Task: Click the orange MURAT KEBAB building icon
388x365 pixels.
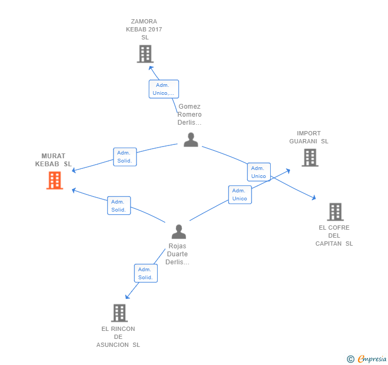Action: [x=55, y=181]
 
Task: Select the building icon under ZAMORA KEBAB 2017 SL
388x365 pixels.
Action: [x=145, y=54]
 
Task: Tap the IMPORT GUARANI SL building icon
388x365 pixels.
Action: [x=310, y=158]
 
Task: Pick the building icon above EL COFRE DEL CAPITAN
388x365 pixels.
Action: [x=335, y=212]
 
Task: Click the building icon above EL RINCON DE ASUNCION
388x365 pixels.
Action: [x=119, y=313]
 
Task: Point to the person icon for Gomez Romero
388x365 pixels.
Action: [x=191, y=140]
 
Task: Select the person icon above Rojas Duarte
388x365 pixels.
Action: [x=179, y=232]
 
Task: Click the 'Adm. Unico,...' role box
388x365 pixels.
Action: [x=164, y=89]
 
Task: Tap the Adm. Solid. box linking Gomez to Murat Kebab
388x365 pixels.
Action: [x=125, y=157]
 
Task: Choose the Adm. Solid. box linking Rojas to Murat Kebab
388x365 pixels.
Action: [x=119, y=206]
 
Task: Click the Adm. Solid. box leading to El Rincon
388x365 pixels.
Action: [x=146, y=273]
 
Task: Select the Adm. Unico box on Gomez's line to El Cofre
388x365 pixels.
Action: [x=259, y=172]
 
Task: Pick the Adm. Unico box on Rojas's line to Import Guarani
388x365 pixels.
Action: [x=240, y=194]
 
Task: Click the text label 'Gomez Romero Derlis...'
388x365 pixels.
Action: [x=190, y=115]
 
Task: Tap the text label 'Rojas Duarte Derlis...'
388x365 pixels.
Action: [x=177, y=254]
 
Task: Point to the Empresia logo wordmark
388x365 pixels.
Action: [x=372, y=359]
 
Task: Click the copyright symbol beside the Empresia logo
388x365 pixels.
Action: [x=351, y=359]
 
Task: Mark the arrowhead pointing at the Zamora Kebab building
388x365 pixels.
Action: [x=151, y=68]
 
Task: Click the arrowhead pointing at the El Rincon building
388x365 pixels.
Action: [x=127, y=296]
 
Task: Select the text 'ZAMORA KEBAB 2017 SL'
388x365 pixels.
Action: [x=144, y=29]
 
